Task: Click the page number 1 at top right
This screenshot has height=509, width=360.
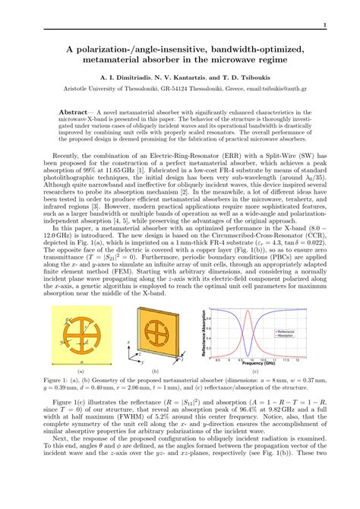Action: tap(325, 26)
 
